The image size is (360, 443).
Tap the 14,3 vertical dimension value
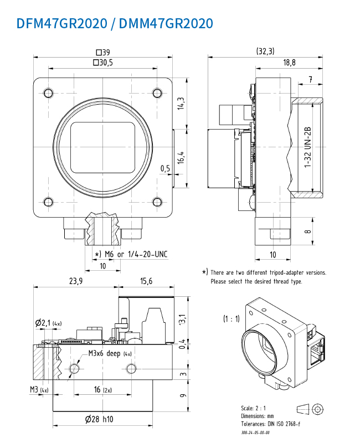[x=181, y=104]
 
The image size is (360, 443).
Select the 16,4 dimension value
[x=181, y=157]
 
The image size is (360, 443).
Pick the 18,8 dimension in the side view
[x=290, y=63]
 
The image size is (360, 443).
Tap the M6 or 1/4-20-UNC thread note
[x=133, y=254]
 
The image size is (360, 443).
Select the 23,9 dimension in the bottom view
[x=75, y=281]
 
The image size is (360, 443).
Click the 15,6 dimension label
[x=147, y=281]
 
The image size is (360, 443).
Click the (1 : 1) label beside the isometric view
[x=232, y=318]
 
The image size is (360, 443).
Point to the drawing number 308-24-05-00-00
[x=255, y=432]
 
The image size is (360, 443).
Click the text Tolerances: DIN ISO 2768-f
[x=270, y=424]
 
